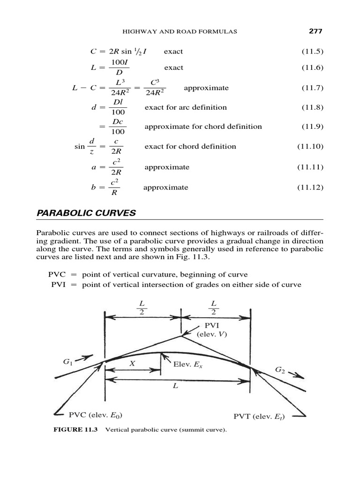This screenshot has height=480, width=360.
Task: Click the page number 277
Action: [x=316, y=31]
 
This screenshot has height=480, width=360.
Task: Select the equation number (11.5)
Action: [x=312, y=51]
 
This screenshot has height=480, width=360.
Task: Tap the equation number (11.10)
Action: [x=310, y=146]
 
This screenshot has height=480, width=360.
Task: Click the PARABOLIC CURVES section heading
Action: [x=86, y=213]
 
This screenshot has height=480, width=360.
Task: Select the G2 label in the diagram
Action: [x=280, y=370]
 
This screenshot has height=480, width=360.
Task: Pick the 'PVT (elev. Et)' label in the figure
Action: [x=259, y=416]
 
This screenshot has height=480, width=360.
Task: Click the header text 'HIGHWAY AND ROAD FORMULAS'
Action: [x=180, y=32]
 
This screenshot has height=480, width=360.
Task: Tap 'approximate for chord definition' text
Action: [x=203, y=127]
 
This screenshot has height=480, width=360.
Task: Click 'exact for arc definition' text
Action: [x=185, y=107]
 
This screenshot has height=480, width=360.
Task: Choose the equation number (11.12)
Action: [x=310, y=187]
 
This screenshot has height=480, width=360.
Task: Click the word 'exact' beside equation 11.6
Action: [x=173, y=67]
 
